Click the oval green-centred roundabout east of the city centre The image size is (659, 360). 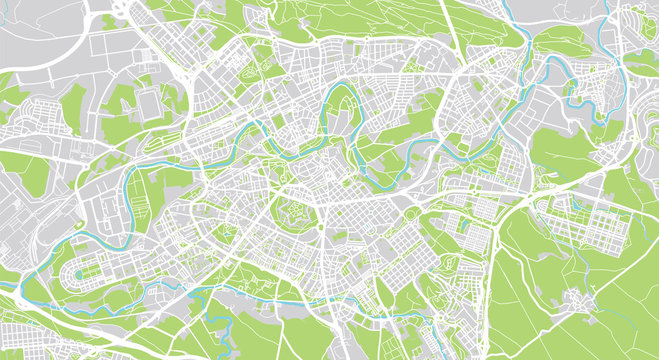click(411, 213)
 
